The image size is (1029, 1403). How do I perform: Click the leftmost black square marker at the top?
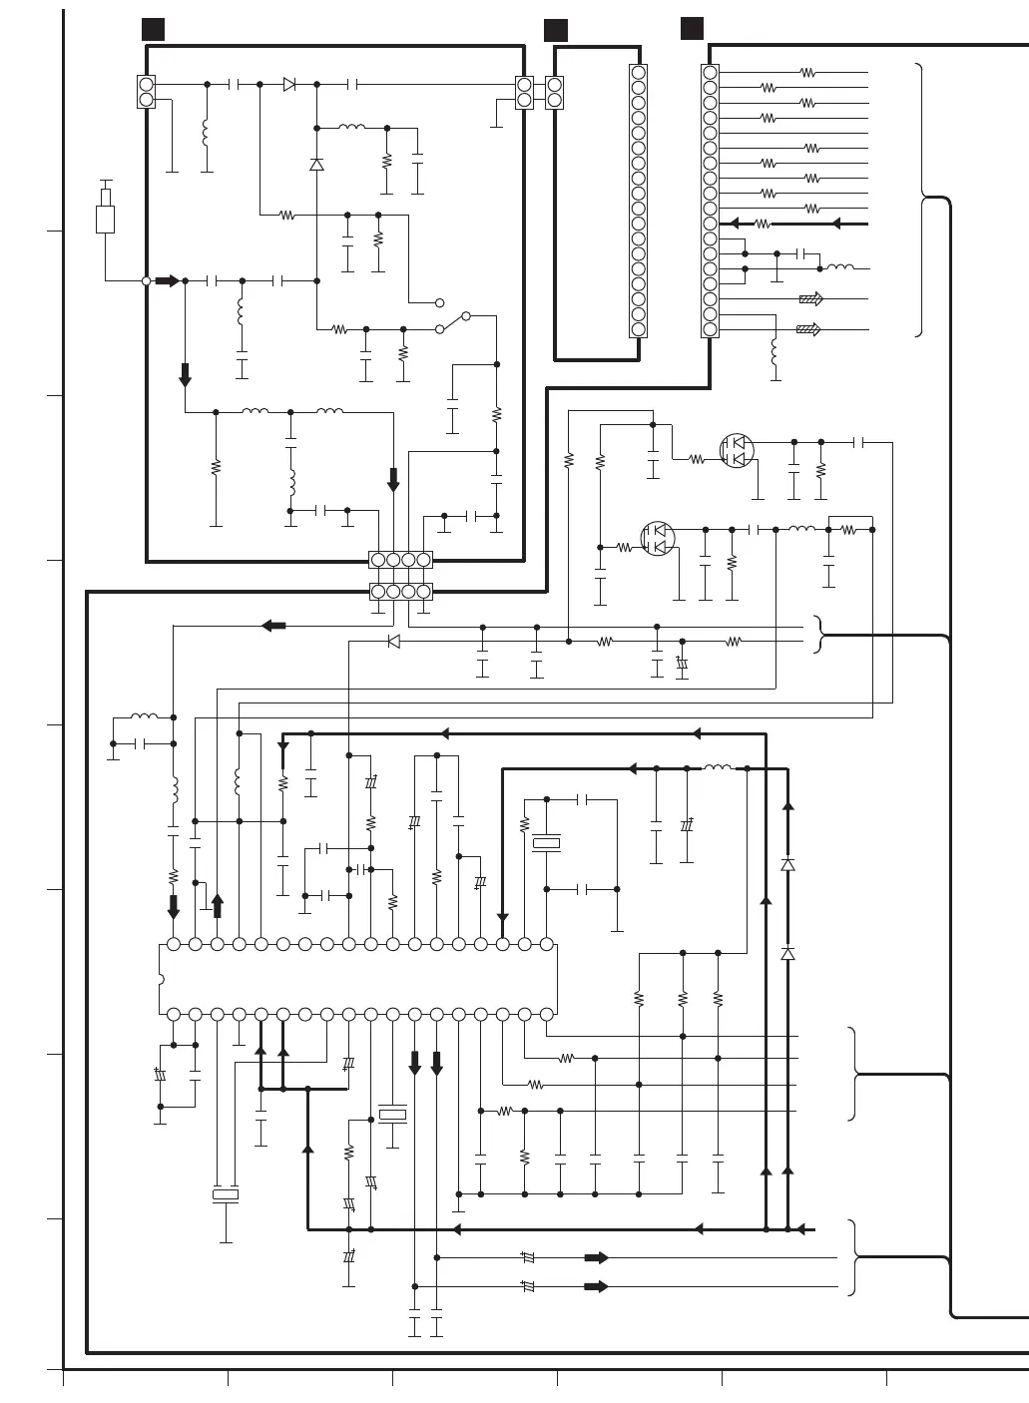(x=153, y=29)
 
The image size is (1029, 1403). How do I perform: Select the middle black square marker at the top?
(x=556, y=30)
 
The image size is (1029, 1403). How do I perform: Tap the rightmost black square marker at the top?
(x=692, y=28)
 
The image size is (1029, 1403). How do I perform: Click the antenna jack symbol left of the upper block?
(x=106, y=213)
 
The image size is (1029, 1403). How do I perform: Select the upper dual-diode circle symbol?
(x=737, y=450)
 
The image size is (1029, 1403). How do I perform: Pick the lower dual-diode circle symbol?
(x=658, y=539)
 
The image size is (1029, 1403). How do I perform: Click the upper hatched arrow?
(x=809, y=298)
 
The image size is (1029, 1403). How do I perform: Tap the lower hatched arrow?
(x=808, y=329)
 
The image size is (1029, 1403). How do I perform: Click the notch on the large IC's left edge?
(x=161, y=979)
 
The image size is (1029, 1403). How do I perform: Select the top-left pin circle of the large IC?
(x=174, y=944)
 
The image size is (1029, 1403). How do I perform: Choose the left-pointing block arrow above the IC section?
(x=272, y=626)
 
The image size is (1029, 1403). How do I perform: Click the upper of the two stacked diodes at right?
(x=787, y=864)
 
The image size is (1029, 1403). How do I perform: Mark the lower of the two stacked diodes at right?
(x=787, y=954)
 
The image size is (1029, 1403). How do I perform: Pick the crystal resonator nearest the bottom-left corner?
(x=226, y=1193)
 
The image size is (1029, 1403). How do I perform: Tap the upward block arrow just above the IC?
(x=218, y=906)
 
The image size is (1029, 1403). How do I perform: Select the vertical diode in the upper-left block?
(x=316, y=164)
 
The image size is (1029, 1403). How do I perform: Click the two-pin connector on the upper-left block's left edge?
(x=147, y=93)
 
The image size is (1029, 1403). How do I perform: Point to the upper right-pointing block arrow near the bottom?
(x=596, y=1258)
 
